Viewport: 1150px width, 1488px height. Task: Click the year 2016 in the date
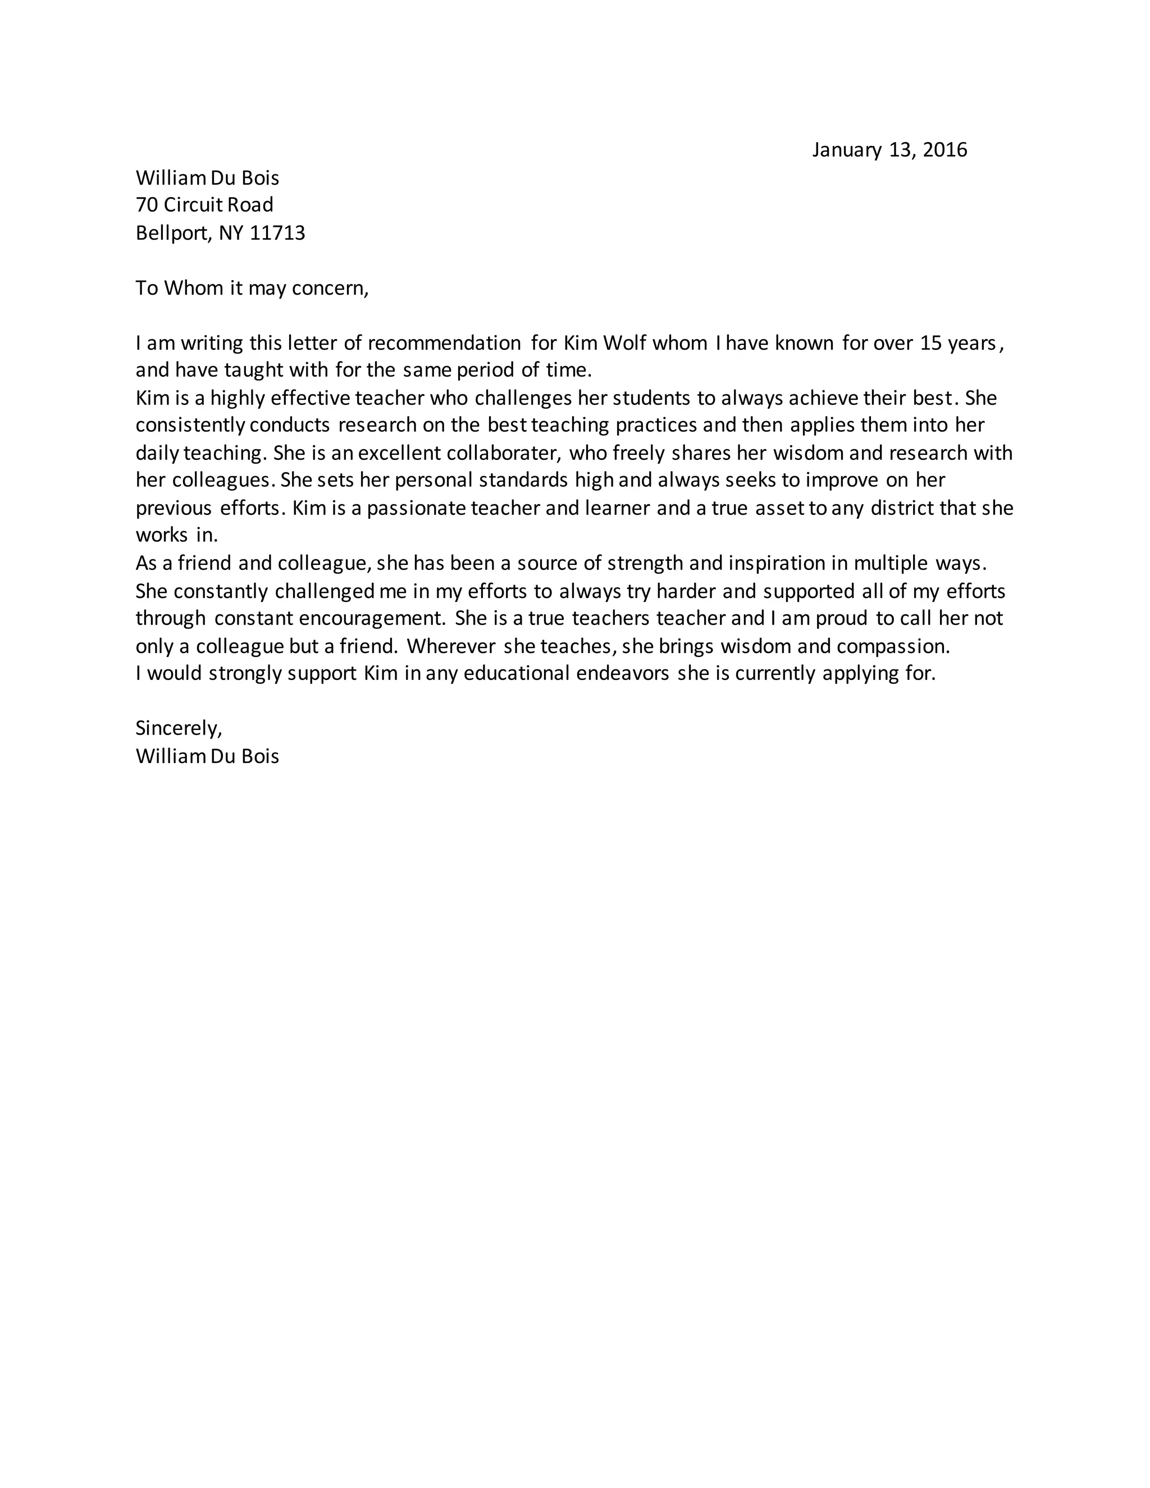[944, 150]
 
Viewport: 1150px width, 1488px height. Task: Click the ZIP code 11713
[277, 233]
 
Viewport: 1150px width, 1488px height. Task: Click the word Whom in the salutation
[194, 288]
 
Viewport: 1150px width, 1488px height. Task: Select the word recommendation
[444, 343]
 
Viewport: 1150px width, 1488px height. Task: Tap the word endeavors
[622, 674]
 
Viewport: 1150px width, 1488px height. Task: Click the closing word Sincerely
[179, 728]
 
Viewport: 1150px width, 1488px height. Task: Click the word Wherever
[451, 646]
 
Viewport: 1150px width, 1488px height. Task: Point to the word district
[892, 508]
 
